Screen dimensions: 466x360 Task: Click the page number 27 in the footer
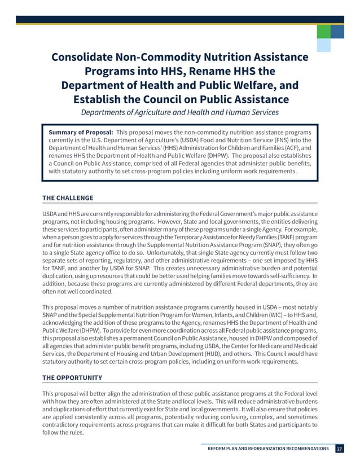coord(339,449)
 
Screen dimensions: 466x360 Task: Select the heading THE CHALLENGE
coord(68,198)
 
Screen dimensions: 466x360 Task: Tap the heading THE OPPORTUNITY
coord(72,377)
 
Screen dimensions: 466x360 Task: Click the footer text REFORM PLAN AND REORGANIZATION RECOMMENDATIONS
coord(268,449)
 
